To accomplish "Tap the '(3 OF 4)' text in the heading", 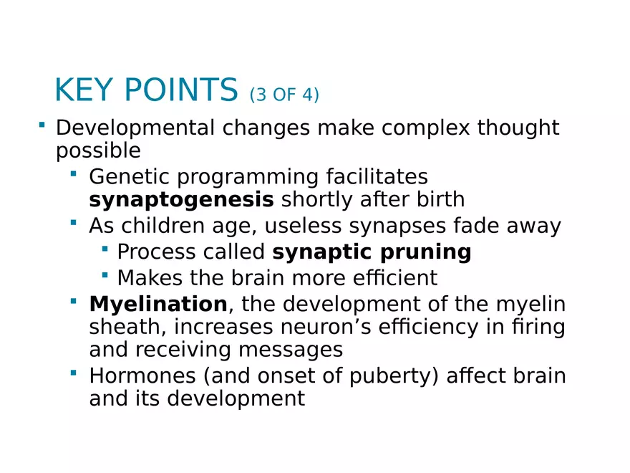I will pyautogui.click(x=283, y=95).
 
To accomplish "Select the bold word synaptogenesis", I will pyautogui.click(x=181, y=200).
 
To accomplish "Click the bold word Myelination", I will pyautogui.click(x=157, y=305).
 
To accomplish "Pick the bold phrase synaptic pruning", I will pyautogui.click(x=372, y=252).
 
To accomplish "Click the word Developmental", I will pyautogui.click(x=135, y=128).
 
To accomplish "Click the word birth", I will pyautogui.click(x=438, y=200).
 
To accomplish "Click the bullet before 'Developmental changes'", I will pyautogui.click(x=42, y=126).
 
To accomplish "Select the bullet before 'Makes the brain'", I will pyautogui.click(x=105, y=275).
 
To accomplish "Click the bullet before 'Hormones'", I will pyautogui.click(x=74, y=373).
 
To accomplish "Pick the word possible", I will pyautogui.click(x=98, y=152).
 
